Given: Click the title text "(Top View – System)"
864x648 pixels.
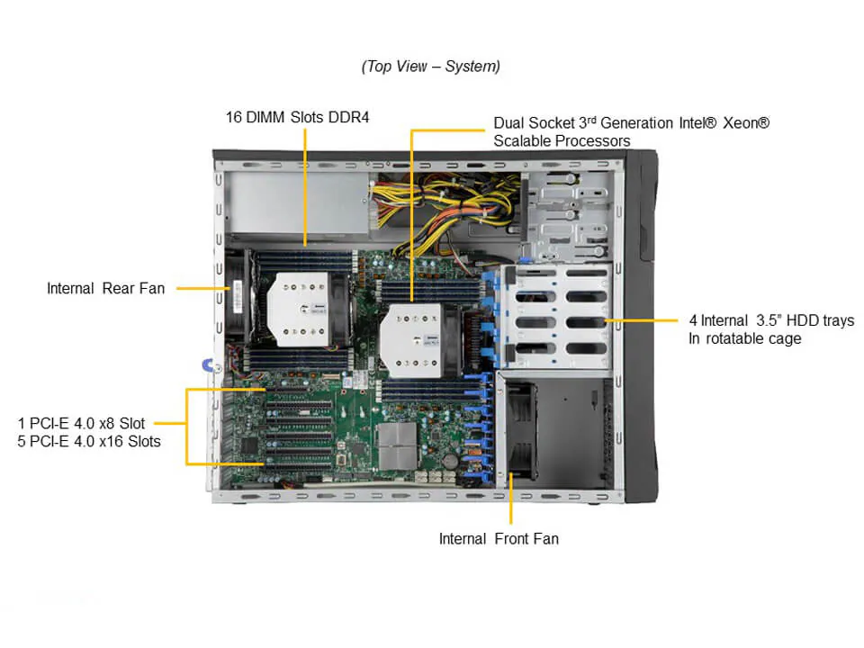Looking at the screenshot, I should [x=430, y=67].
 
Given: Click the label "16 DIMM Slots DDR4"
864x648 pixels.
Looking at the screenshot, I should [x=297, y=117].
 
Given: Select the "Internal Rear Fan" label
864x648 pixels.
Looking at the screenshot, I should [x=105, y=288].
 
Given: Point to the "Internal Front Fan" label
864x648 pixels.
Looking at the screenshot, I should [x=498, y=538].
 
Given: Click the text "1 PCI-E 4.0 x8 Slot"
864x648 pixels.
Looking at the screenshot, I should [x=81, y=422].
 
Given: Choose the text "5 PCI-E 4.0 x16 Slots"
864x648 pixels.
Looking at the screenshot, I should [x=89, y=441].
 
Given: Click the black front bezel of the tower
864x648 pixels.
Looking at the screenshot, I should [x=643, y=324].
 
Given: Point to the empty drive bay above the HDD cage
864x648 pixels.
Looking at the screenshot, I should [x=570, y=211].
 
